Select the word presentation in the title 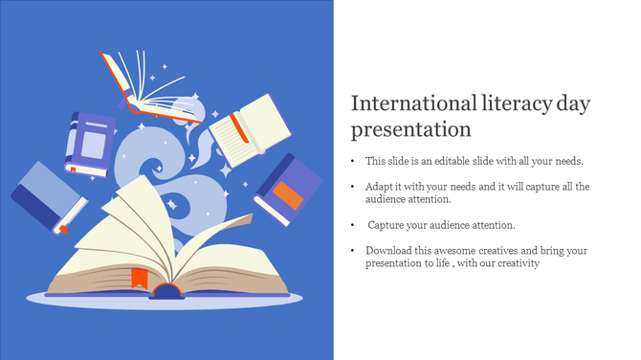[410, 128]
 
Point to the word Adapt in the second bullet [379, 186]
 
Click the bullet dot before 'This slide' [353, 162]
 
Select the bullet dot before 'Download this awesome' [353, 251]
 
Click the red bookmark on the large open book [139, 278]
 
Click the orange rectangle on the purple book [288, 195]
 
